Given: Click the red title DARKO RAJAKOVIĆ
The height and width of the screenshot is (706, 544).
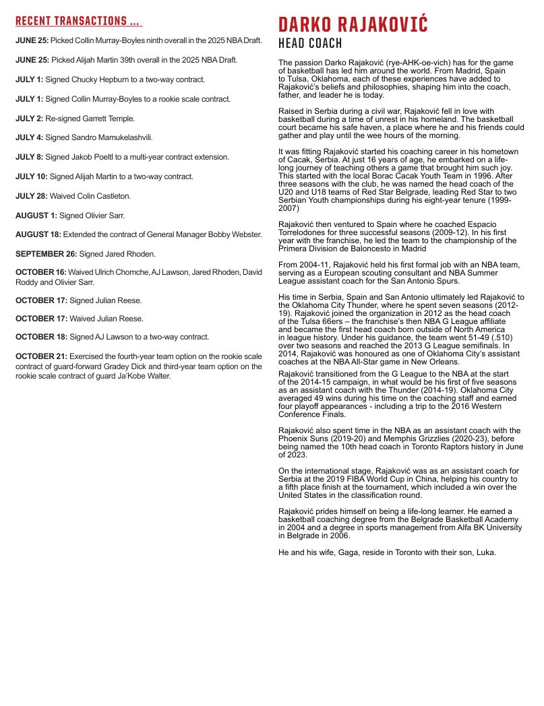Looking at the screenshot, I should tap(353, 26).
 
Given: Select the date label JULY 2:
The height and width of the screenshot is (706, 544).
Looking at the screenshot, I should tap(29, 118).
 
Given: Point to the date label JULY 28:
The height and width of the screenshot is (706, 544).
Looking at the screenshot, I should tap(31, 196).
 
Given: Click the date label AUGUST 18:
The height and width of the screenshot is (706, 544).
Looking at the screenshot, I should tap(38, 234).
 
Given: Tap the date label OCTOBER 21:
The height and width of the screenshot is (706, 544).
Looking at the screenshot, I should tap(41, 356).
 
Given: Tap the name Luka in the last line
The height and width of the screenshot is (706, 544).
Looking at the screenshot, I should tap(484, 552).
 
